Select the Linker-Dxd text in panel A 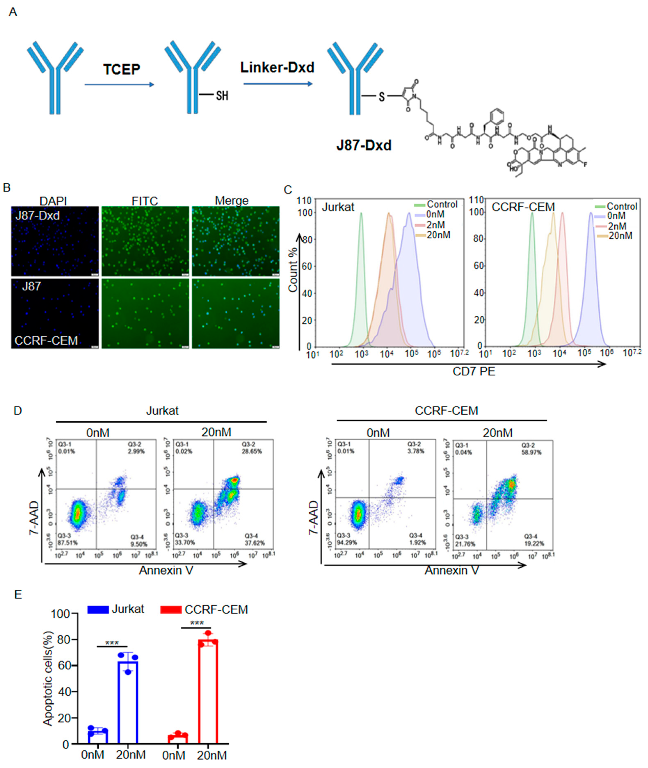277,68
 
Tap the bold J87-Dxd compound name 364,145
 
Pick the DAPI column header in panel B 53,201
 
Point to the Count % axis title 293,270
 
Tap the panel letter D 18,410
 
